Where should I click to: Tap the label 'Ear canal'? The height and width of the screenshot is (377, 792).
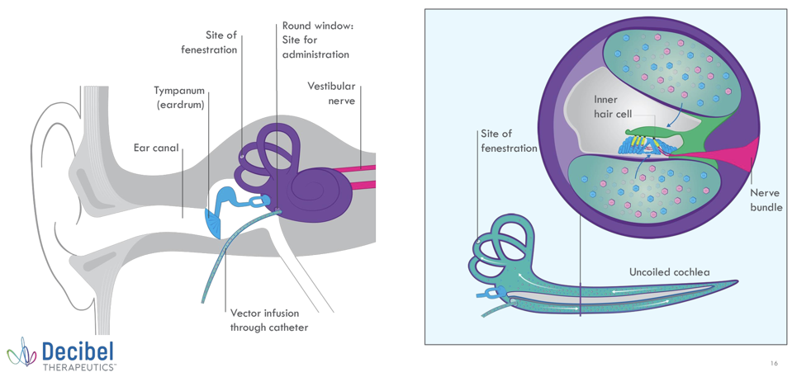click(156, 148)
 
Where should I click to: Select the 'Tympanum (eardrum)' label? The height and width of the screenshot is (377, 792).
click(179, 97)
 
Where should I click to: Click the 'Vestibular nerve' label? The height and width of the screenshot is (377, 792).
click(331, 94)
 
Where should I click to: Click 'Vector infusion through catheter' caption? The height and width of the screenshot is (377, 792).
click(268, 320)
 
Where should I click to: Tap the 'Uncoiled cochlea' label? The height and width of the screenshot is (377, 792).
click(669, 271)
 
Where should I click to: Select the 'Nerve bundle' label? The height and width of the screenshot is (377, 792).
click(766, 200)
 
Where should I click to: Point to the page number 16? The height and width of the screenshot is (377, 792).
click(773, 363)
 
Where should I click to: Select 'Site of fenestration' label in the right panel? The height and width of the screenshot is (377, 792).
click(509, 140)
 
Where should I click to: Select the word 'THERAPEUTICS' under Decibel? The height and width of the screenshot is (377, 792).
click(79, 366)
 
